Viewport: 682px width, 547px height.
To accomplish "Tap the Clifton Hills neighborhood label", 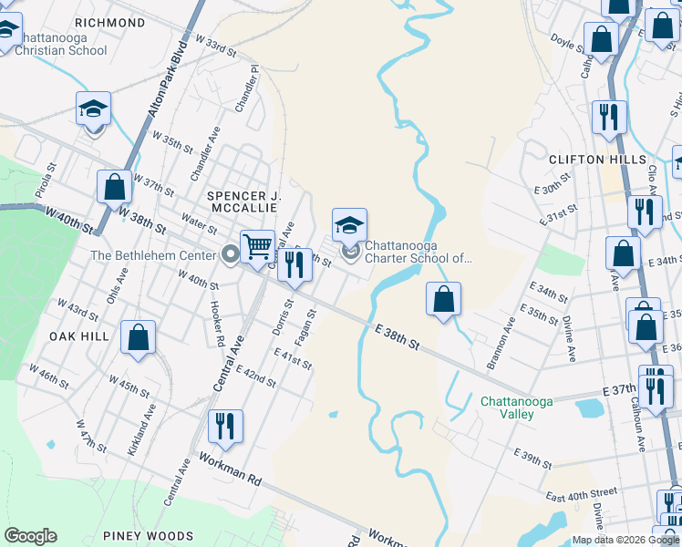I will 590,160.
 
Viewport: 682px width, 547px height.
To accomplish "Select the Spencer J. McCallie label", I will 244,201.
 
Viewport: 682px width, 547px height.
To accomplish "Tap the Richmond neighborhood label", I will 110,22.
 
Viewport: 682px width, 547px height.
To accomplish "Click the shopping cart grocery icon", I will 257,245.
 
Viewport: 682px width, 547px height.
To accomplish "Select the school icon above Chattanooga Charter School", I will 349,223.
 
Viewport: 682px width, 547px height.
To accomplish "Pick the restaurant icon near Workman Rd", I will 223,424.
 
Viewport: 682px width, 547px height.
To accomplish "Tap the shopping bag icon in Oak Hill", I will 138,337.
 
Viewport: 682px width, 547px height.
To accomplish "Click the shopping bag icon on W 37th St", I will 115,186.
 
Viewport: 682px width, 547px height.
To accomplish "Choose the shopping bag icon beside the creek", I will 443,298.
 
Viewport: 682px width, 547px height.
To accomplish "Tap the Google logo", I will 30,536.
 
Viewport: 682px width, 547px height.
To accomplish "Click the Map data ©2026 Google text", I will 625,540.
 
